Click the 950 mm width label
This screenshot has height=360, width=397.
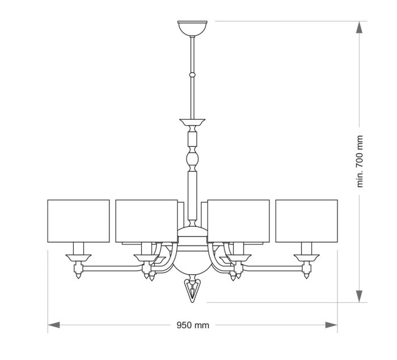point(193,325)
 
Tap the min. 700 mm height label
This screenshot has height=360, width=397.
point(360,161)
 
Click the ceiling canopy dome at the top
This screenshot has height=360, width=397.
point(192,28)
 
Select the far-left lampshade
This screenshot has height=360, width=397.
point(78,221)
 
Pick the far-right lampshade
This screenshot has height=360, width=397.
point(307,221)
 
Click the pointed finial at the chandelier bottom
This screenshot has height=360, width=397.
point(192,291)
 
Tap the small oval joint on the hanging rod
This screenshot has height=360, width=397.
point(192,75)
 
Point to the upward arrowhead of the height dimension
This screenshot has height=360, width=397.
point(359,27)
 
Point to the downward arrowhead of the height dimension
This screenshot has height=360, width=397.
point(359,296)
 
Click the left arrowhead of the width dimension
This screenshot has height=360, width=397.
point(54,325)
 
